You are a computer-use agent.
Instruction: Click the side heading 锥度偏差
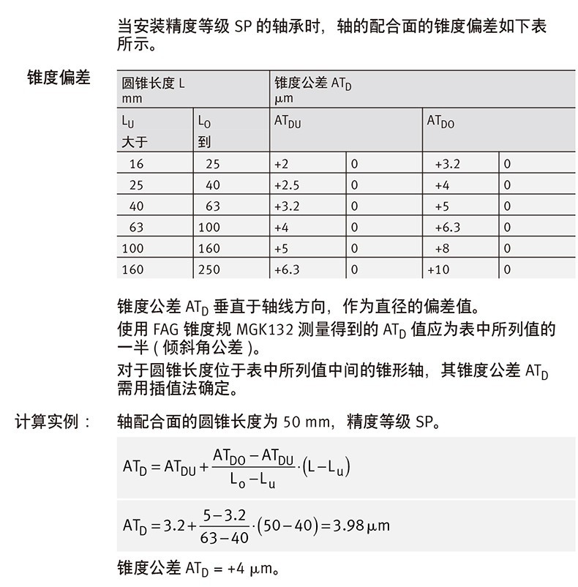(58, 78)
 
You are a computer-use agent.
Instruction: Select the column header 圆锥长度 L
(153, 83)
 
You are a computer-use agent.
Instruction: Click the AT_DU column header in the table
(288, 121)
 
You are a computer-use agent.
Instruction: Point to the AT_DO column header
(440, 121)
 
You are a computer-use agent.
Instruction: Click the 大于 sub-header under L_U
(135, 142)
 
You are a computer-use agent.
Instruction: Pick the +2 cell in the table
(282, 165)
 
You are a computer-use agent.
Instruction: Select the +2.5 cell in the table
(287, 185)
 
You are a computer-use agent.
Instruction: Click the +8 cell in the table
(442, 249)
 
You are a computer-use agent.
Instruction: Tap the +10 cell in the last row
(439, 269)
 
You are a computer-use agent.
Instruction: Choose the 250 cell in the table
(209, 269)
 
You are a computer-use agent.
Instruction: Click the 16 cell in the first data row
(136, 165)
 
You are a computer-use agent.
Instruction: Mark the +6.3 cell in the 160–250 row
(287, 269)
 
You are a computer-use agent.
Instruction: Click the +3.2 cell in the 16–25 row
(447, 165)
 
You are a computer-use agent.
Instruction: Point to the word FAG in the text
(168, 329)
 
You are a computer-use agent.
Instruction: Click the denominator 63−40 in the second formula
(225, 538)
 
